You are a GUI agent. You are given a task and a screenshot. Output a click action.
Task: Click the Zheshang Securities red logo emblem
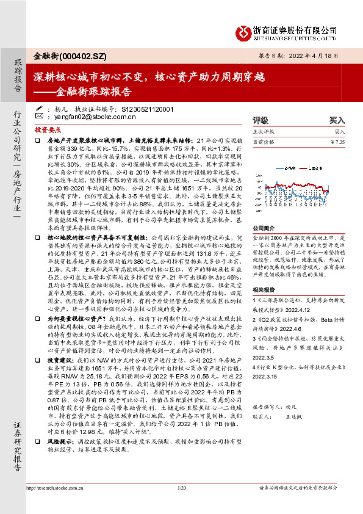pos(245,31)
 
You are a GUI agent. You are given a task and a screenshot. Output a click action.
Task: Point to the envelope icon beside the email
pos(40,115)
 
